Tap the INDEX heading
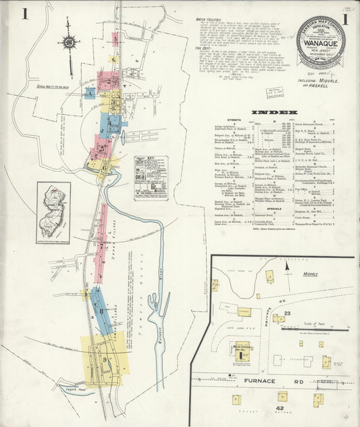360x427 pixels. [x=274, y=111]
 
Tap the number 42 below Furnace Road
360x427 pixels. [x=279, y=408]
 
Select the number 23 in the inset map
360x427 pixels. [x=287, y=313]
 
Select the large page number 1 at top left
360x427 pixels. [x=24, y=14]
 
